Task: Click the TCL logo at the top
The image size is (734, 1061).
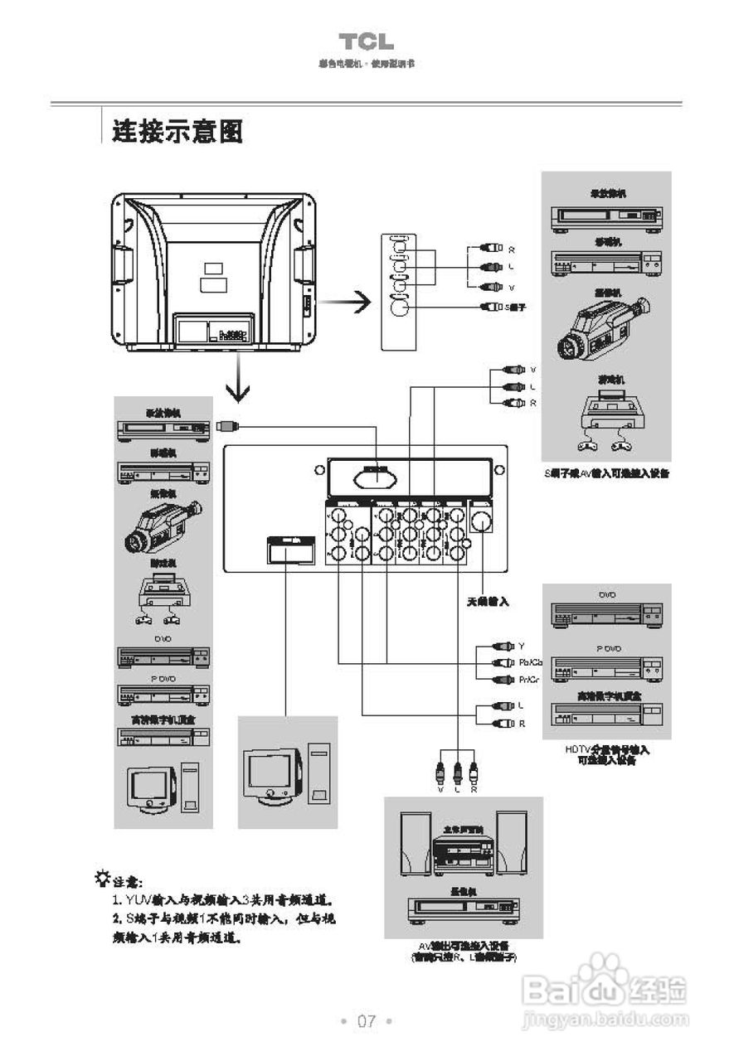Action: pyautogui.click(x=366, y=42)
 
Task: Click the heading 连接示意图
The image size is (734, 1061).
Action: pyautogui.click(x=177, y=131)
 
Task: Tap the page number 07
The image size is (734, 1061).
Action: pyautogui.click(x=367, y=1020)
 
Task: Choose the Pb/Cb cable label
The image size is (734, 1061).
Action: pyautogui.click(x=530, y=662)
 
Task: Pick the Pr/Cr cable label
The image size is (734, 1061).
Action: pyautogui.click(x=529, y=680)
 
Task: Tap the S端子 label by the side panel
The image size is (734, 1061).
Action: pyautogui.click(x=516, y=307)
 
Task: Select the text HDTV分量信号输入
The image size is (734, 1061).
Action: pyautogui.click(x=606, y=749)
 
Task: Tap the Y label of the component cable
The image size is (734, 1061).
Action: pyautogui.click(x=522, y=646)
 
